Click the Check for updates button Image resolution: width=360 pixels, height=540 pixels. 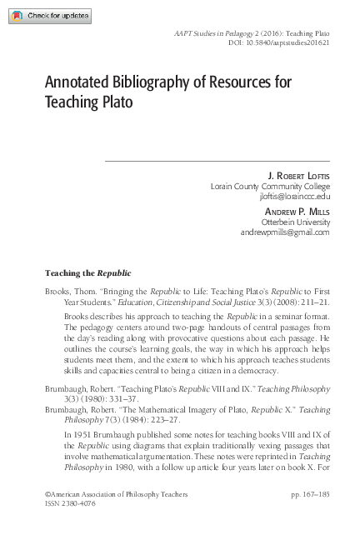coord(43,16)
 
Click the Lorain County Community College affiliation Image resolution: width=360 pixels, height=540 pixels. coord(271,187)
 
